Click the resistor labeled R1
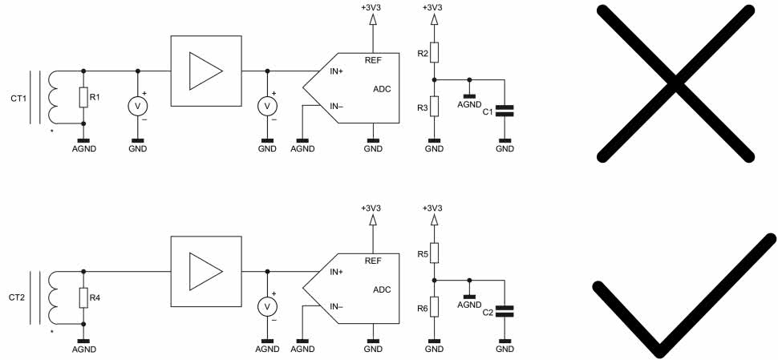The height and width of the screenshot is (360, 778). click(83, 98)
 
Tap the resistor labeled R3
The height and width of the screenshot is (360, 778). click(434, 106)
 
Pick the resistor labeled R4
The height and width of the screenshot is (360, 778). click(83, 298)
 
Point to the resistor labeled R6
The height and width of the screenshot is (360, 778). click(434, 306)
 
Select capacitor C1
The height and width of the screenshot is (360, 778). click(504, 111)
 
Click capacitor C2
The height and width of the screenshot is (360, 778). click(504, 311)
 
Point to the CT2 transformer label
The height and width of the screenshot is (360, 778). click(18, 298)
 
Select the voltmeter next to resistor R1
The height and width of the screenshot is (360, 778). click(138, 105)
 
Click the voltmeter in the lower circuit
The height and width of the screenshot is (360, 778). click(267, 305)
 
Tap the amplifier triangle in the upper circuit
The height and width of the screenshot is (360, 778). click(205, 71)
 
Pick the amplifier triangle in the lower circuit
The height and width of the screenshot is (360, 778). click(205, 271)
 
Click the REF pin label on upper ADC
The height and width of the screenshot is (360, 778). click(373, 60)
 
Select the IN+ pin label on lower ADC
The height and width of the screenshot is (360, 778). click(338, 272)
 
